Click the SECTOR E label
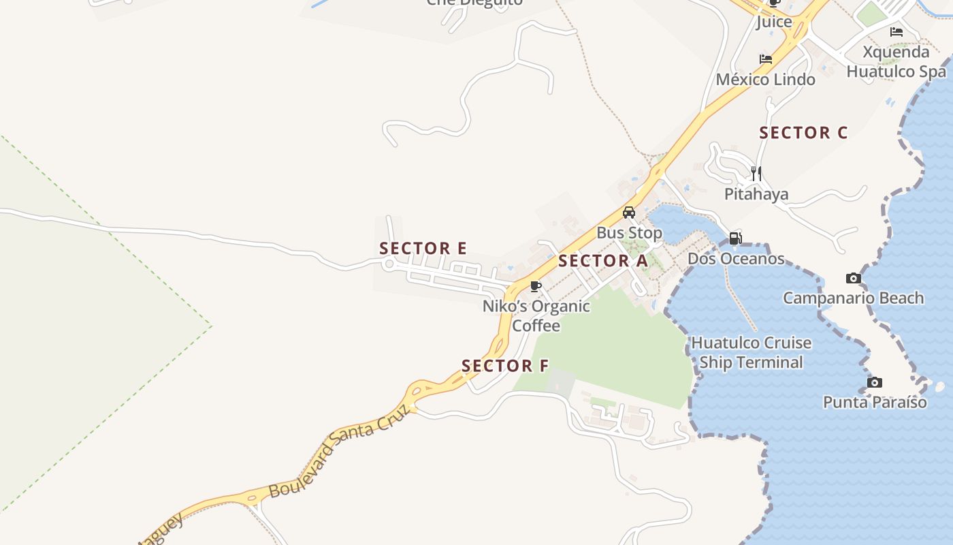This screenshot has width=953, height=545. click(423, 249)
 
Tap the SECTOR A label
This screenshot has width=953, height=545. click(602, 261)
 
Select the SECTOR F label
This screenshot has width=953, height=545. click(504, 366)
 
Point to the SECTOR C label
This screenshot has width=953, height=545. click(803, 133)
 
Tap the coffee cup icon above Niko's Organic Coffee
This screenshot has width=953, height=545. click(536, 285)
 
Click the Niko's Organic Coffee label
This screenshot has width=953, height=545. click(536, 315)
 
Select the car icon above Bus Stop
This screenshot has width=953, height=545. click(629, 213)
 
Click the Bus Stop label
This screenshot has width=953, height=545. click(629, 233)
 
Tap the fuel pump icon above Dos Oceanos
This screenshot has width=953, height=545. click(735, 238)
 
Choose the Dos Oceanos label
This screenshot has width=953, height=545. click(735, 259)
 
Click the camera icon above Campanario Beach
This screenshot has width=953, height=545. click(853, 278)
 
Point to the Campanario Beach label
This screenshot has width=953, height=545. click(853, 298)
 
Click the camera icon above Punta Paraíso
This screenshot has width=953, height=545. click(875, 382)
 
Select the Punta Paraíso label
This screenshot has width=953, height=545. click(875, 402)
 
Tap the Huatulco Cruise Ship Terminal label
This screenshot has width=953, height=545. click(751, 352)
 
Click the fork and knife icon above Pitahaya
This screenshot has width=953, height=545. click(756, 174)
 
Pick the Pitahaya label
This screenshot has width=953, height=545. click(756, 194)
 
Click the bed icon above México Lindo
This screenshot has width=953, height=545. click(766, 59)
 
